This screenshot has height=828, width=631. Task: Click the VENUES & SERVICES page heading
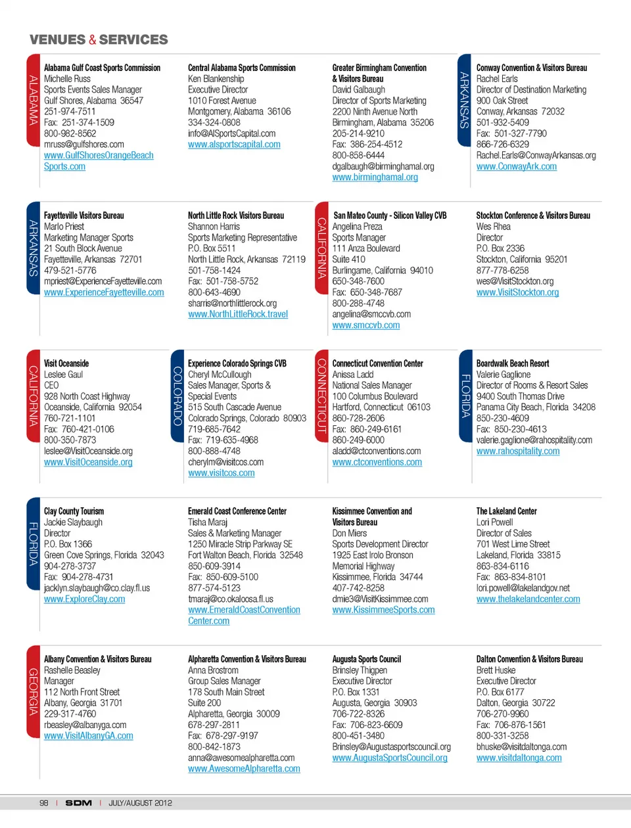click(x=99, y=39)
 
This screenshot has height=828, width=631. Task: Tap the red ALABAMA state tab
click(x=33, y=100)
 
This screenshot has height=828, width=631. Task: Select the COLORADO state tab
click(x=177, y=396)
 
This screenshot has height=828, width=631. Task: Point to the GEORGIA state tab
click(x=33, y=691)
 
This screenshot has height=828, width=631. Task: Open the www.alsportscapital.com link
click(x=234, y=145)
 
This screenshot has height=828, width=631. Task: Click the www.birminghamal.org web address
click(x=375, y=177)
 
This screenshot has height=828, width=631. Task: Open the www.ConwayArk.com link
click(x=516, y=166)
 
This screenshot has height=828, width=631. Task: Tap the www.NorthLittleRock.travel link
click(x=238, y=314)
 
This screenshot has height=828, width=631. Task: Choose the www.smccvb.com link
click(x=365, y=325)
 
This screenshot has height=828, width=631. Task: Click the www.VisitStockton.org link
click(x=517, y=292)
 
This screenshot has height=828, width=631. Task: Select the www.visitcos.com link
click(x=221, y=473)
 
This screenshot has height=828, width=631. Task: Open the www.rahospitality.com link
click(x=518, y=451)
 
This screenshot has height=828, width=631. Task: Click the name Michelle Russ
click(x=67, y=79)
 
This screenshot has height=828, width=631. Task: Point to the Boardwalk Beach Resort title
click(x=513, y=363)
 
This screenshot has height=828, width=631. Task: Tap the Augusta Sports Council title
click(x=366, y=659)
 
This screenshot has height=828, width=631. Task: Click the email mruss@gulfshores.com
click(x=83, y=145)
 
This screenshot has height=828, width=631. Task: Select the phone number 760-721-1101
click(x=70, y=418)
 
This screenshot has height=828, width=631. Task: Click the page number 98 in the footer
click(x=43, y=803)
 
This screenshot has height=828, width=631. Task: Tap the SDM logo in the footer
click(x=78, y=803)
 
